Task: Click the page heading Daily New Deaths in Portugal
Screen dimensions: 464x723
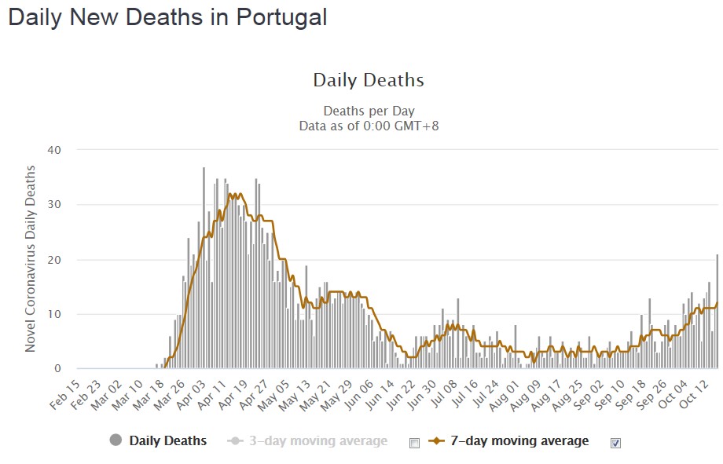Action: coord(167,18)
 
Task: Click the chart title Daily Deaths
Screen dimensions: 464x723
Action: coord(369,80)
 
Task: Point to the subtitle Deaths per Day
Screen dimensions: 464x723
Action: coord(369,111)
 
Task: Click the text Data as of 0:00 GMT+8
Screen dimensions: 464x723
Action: coord(369,125)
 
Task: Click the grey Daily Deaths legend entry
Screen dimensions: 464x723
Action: coord(159,441)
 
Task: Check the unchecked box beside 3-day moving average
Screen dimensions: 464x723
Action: coord(415,443)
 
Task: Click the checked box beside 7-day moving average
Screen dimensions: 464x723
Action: coord(616,443)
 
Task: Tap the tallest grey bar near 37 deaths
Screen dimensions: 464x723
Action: coord(204,268)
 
